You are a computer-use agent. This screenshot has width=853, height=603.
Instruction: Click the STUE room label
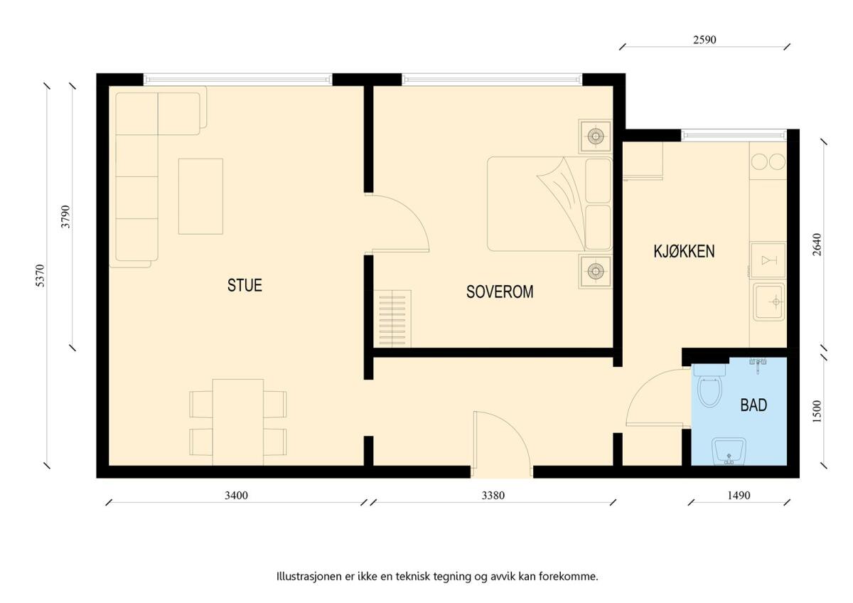tap(245, 285)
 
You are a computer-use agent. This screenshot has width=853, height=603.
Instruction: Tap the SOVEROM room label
tap(500, 292)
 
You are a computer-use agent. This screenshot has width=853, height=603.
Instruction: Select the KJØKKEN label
tap(684, 252)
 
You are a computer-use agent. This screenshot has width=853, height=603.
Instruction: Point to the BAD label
tap(753, 405)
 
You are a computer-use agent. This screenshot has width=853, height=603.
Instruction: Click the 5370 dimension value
tap(40, 275)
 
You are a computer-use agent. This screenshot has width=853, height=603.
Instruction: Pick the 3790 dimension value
tap(66, 217)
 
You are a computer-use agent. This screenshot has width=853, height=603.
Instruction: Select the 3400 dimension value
tap(236, 495)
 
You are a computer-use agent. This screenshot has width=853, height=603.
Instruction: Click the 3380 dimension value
tap(493, 495)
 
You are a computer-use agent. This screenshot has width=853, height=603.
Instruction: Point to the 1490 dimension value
tap(739, 495)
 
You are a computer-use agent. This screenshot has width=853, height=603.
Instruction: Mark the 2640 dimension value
tap(817, 245)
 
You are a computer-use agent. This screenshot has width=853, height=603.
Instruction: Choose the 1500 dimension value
tap(817, 412)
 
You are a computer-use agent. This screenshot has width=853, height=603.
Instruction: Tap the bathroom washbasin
tap(729, 452)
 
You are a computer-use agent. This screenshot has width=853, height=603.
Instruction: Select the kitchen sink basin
tap(769, 301)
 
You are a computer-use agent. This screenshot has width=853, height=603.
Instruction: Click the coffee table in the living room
tap(200, 196)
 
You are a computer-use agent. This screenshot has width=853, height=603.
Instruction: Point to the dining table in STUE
tap(238, 422)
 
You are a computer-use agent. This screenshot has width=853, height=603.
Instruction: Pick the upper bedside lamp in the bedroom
tap(596, 136)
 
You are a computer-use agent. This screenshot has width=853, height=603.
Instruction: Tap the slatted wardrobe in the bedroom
tap(392, 319)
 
